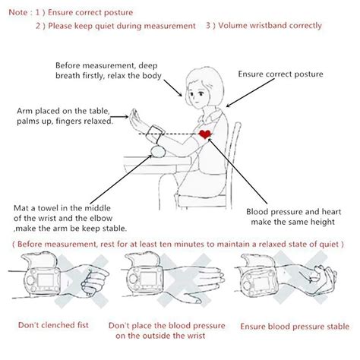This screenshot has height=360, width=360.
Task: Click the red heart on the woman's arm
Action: tap(205, 135)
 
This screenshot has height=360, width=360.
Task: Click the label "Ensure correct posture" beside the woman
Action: tap(280, 74)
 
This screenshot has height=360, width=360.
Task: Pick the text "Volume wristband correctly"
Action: tap(264, 26)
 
